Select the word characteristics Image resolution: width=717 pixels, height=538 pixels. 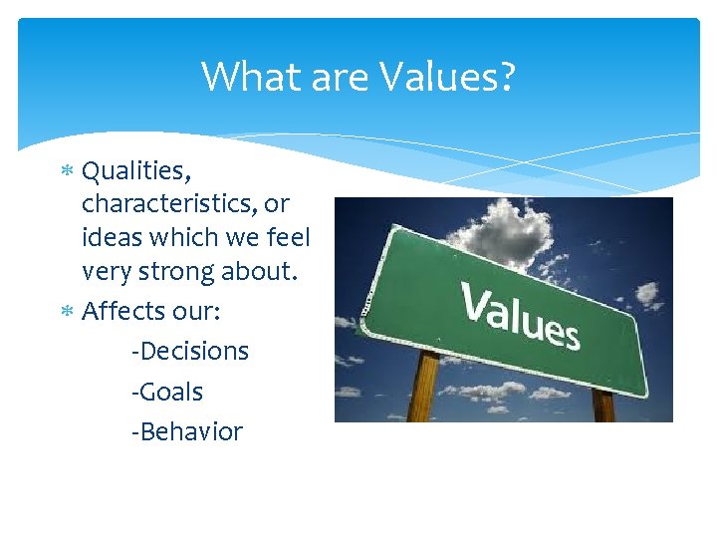click(x=170, y=203)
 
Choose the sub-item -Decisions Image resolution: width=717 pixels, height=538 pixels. click(x=189, y=352)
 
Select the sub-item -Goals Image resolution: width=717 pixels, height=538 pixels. click(x=166, y=392)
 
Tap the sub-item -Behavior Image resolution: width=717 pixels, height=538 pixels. click(x=186, y=431)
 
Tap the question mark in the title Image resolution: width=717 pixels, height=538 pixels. click(x=506, y=77)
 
